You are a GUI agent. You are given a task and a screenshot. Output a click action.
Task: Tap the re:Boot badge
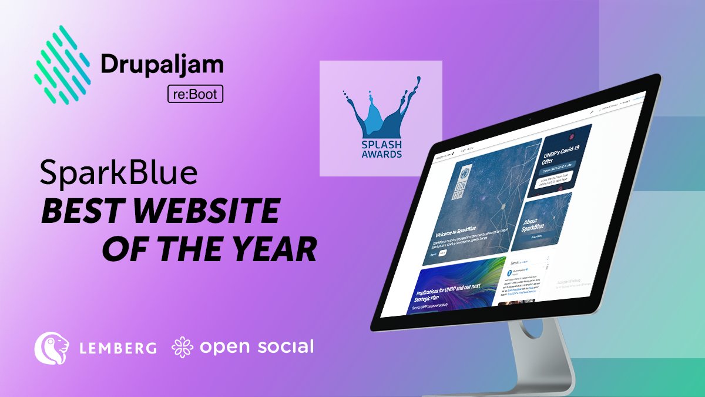(196, 94)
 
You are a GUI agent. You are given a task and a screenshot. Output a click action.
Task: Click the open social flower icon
(182, 347)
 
